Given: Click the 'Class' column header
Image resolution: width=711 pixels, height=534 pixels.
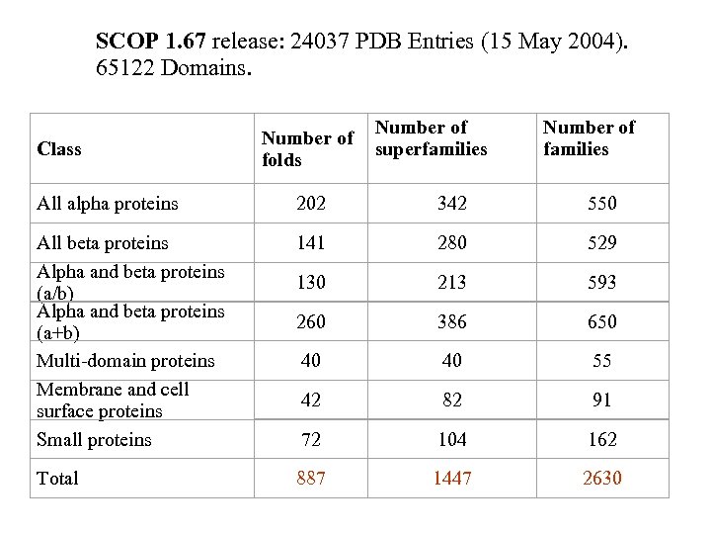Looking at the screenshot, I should (x=59, y=149).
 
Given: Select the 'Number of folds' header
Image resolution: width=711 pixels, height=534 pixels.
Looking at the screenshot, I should (x=307, y=148).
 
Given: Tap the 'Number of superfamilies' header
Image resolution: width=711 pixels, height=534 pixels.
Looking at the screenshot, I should (x=431, y=138).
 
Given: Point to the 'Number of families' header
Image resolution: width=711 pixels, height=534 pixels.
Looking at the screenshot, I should (x=589, y=138).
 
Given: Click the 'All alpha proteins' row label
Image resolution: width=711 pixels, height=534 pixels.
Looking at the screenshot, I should (x=108, y=204).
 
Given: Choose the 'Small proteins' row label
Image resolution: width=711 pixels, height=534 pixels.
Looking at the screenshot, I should (x=94, y=439).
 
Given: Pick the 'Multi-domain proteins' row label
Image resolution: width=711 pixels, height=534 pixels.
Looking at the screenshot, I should (x=125, y=360).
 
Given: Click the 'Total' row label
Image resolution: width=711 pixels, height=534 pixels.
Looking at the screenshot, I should (x=57, y=479).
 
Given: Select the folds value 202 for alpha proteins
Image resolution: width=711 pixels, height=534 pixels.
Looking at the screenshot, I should (x=311, y=204).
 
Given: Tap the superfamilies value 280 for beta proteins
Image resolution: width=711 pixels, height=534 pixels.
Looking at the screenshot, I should (x=452, y=243).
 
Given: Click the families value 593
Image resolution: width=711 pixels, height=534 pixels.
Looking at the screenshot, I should (x=601, y=283).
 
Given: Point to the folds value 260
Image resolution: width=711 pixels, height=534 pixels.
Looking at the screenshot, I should (x=311, y=322).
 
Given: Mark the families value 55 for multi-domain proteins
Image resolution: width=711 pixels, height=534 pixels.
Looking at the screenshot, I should (x=602, y=361).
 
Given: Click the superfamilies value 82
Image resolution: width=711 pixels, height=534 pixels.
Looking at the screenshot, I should (x=452, y=400).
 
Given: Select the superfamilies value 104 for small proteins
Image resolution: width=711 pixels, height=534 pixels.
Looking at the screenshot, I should (x=452, y=439).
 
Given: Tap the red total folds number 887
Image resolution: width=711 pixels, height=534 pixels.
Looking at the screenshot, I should (x=311, y=479).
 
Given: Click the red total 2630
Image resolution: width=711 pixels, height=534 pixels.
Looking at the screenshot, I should (x=601, y=479).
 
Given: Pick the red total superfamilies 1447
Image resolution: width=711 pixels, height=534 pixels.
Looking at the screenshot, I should (x=452, y=479).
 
